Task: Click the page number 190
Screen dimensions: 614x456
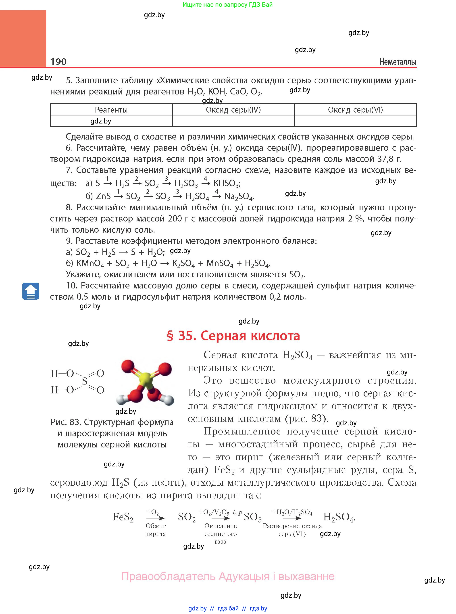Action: pos(58,62)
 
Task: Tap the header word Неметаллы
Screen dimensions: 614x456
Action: pos(398,62)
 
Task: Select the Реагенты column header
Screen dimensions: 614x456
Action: pos(111,110)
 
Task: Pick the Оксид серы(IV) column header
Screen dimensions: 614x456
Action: pos(233,110)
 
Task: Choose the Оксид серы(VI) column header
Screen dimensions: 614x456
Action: pos(355,110)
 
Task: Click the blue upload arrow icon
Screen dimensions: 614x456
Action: pos(31,291)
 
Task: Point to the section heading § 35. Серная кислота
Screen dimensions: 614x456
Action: pos(233,336)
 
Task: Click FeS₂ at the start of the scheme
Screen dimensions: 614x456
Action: pos(123,517)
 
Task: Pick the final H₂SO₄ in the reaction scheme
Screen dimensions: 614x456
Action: pos(338,517)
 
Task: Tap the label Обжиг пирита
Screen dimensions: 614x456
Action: pos(155,530)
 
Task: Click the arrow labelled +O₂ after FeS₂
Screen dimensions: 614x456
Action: pos(155,518)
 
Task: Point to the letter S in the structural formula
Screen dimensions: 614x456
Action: pos(85,381)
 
